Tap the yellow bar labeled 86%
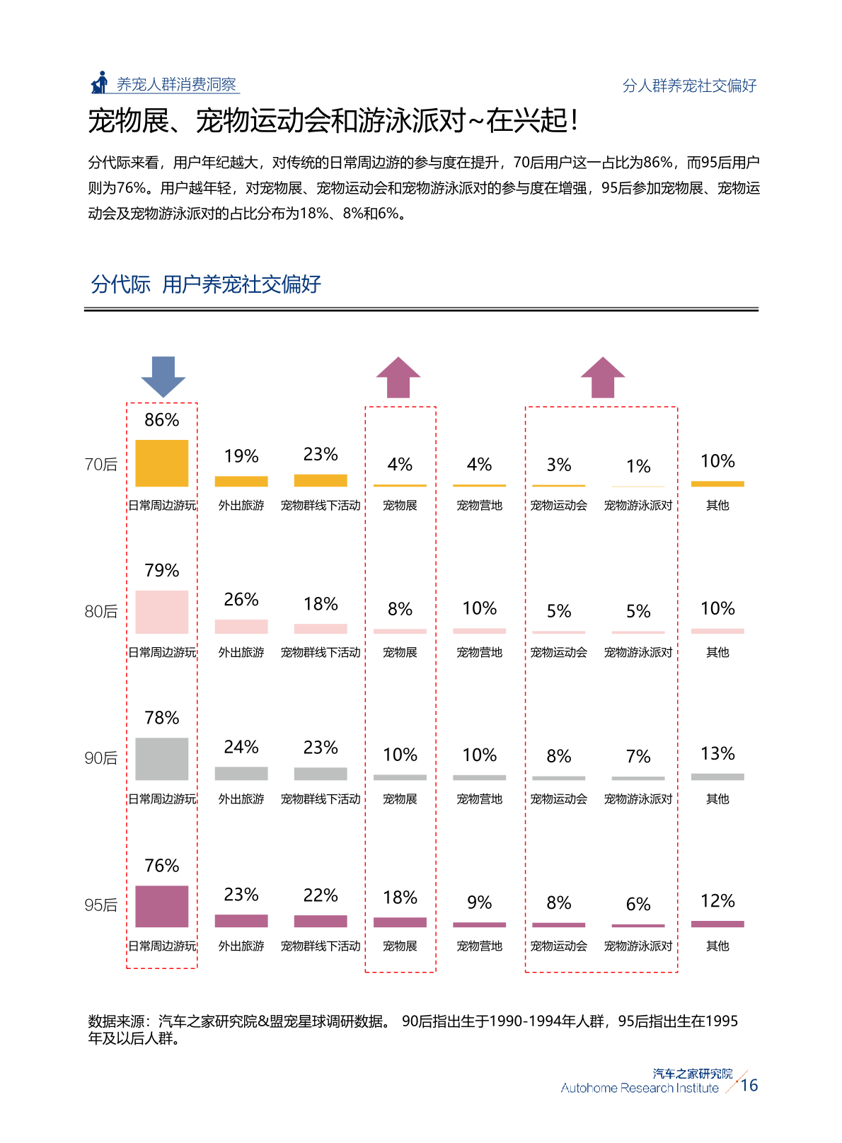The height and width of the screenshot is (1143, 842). tap(162, 463)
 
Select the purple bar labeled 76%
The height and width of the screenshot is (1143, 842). tap(162, 906)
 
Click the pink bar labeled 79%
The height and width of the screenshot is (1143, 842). tap(162, 612)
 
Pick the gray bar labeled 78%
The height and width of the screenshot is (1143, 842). tap(162, 759)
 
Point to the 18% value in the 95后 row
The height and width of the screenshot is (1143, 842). tap(400, 898)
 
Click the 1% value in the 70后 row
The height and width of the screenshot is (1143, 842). tap(638, 466)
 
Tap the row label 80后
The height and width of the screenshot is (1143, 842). tap(101, 612)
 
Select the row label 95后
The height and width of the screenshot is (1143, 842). tap(101, 905)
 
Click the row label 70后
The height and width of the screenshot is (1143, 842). tap(101, 465)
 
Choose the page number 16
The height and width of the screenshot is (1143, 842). tap(749, 1085)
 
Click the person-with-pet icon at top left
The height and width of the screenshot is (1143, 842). tap(100, 83)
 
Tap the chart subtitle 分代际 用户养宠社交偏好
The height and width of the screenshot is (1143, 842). tap(206, 284)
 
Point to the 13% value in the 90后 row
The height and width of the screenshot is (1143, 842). tap(717, 754)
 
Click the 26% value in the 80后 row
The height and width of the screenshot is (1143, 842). tap(241, 600)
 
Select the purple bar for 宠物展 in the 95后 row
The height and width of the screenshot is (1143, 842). tap(400, 922)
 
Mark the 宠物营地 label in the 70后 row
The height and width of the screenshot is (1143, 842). tap(479, 506)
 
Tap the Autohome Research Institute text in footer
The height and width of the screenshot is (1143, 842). tap(640, 1089)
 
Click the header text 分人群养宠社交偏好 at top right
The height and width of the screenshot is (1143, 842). tap(689, 86)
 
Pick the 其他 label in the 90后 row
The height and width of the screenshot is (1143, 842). tap(717, 799)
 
